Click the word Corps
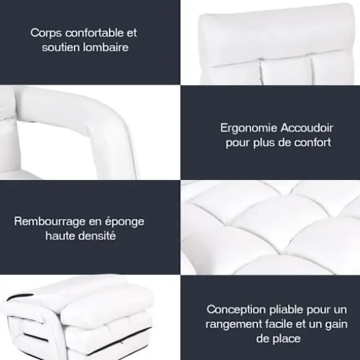pos(46,34)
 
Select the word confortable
pos(94,33)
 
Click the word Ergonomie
pos(249,128)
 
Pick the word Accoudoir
pos(307,128)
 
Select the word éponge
pos(125,222)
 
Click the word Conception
pos(236,310)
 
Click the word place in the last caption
pos(286,339)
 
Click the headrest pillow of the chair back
pos(277,34)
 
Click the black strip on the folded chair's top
pos(20,297)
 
